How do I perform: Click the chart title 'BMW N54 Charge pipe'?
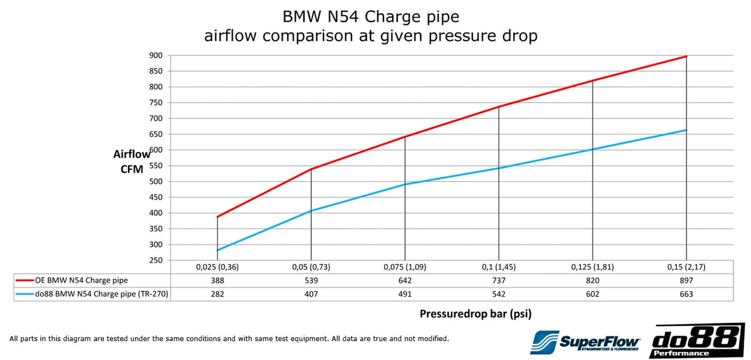point(371,15)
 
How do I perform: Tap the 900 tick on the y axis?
point(155,55)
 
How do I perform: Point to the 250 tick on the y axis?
point(155,260)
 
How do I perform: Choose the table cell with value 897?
point(686,280)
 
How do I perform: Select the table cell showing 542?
point(499,294)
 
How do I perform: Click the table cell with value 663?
point(686,294)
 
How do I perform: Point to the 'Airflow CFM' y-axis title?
point(131,161)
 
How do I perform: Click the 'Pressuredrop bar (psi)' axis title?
point(475,314)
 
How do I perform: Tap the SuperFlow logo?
point(585,341)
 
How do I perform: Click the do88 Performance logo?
point(697,341)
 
